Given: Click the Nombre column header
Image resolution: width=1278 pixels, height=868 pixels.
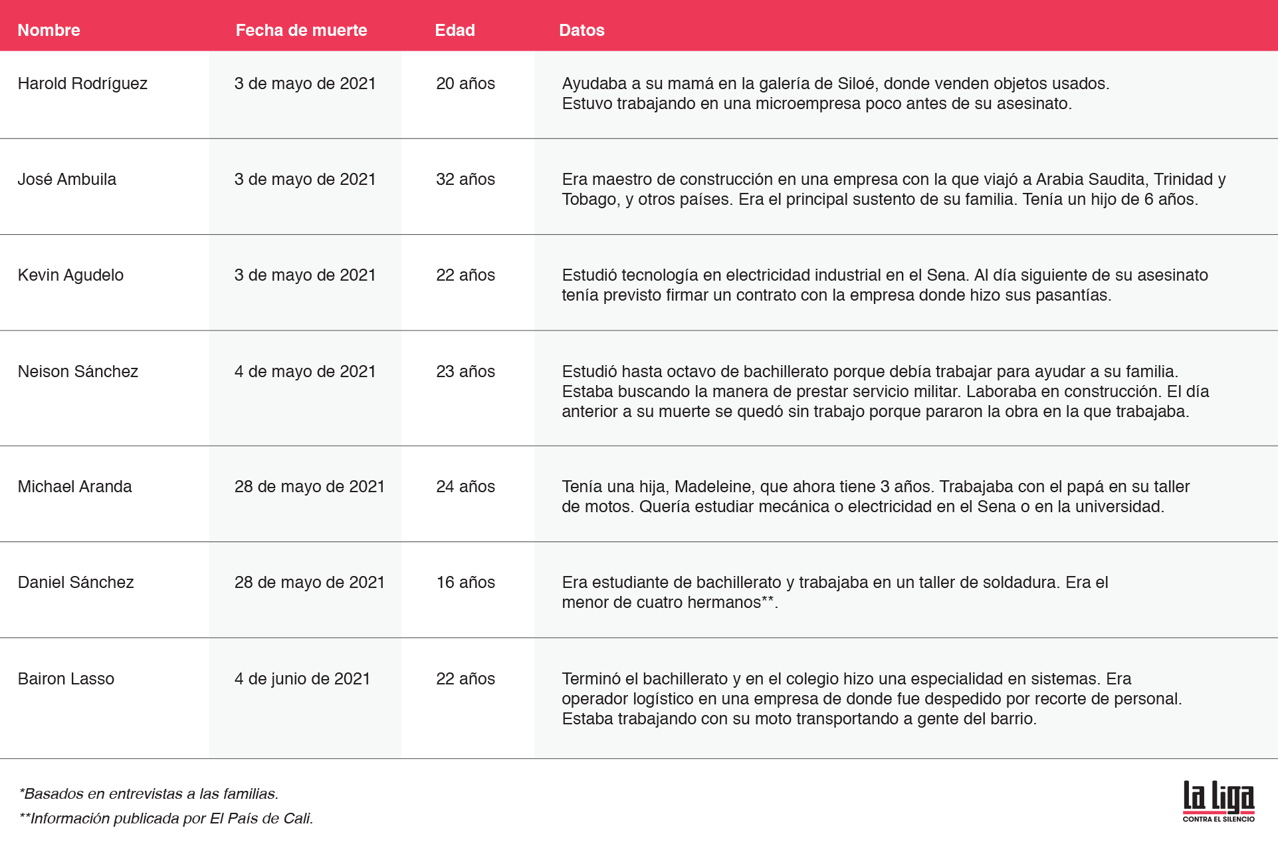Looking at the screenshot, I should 49,30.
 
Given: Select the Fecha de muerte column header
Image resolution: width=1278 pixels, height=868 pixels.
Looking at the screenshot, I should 301,30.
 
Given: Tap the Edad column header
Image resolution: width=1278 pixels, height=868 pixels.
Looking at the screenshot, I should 455,30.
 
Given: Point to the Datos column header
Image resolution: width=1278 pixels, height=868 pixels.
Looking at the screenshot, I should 582,30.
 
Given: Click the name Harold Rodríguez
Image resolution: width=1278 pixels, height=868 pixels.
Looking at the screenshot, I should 82,83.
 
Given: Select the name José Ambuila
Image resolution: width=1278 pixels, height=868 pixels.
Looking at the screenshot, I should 66,179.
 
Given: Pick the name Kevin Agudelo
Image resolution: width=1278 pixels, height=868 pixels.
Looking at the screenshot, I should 70,275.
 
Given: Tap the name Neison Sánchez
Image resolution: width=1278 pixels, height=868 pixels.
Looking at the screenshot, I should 78,371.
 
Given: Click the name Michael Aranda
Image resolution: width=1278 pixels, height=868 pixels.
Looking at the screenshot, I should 74,486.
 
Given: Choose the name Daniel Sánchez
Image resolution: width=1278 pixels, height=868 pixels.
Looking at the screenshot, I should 76,582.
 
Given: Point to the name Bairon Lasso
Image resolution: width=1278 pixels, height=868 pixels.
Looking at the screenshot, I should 66,678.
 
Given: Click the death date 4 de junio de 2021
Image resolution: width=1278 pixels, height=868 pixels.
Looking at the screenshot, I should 302,678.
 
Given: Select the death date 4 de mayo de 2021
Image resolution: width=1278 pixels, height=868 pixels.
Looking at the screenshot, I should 305,371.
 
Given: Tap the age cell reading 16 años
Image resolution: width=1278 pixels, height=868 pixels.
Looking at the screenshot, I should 465,582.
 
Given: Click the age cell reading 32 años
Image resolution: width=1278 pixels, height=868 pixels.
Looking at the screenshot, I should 465,179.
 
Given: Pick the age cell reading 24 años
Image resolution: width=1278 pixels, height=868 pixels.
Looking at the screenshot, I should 465,486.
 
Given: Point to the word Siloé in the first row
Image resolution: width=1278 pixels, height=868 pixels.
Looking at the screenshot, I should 856,83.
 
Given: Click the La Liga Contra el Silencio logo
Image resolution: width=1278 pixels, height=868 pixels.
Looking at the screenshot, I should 1218,801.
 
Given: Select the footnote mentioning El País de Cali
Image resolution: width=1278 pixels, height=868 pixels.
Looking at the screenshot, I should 166,818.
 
